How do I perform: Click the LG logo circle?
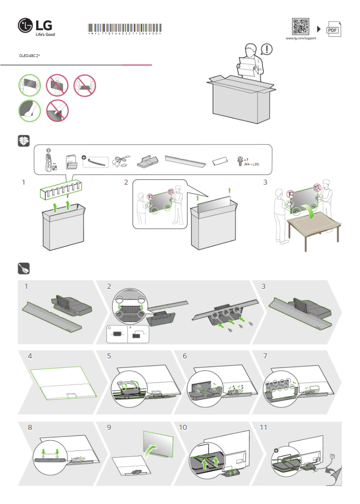tap(26, 27)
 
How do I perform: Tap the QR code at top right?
tap(301, 27)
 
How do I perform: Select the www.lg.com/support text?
tap(301, 39)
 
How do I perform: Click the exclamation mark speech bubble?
tap(266, 49)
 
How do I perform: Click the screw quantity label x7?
tap(246, 160)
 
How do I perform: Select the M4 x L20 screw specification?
tap(251, 164)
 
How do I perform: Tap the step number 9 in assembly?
tap(109, 428)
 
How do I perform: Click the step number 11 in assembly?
tap(263, 428)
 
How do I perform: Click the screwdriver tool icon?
tap(23, 269)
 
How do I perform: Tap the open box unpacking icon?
tap(23, 141)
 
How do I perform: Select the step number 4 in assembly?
tap(30, 356)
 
